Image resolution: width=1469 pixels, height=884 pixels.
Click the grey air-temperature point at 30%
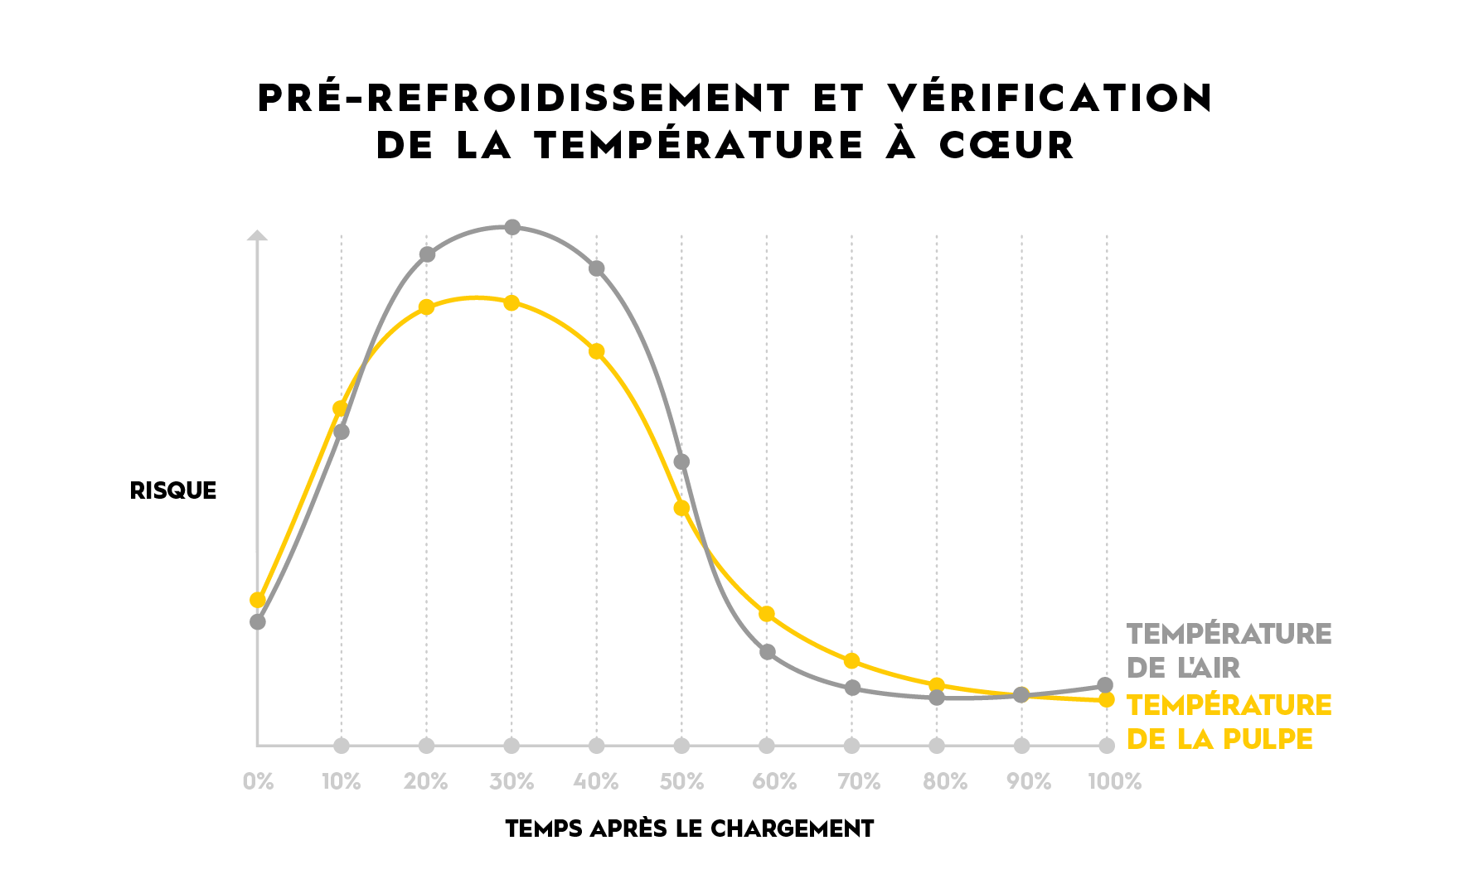click(x=512, y=227)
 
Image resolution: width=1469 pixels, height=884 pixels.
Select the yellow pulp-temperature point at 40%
click(x=597, y=351)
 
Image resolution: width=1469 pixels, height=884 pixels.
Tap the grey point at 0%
click(x=258, y=621)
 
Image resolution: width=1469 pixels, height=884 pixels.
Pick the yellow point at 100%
click(x=1106, y=700)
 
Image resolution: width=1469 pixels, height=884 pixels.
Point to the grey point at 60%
click(x=768, y=652)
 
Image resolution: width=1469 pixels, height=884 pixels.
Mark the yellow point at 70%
click(x=851, y=661)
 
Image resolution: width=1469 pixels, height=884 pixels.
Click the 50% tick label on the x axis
click(x=681, y=781)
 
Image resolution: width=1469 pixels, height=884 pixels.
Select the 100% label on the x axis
click(x=1114, y=781)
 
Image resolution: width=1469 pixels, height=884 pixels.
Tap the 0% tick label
click(x=258, y=781)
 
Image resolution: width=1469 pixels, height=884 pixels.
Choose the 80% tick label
click(x=945, y=781)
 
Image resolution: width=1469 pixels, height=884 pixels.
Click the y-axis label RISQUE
click(x=173, y=490)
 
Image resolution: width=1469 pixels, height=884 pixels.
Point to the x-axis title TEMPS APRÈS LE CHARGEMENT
click(x=690, y=828)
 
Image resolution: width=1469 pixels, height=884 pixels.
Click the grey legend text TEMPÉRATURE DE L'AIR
click(x=1228, y=650)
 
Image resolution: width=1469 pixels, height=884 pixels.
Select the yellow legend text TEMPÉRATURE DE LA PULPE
click(x=1228, y=722)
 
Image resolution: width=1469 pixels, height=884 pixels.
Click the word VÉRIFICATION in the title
click(x=1050, y=98)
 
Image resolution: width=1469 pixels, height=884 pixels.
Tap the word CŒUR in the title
click(x=1006, y=145)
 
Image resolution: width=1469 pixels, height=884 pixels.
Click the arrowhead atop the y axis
click(x=258, y=235)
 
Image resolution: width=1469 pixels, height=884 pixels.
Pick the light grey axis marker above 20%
click(x=426, y=746)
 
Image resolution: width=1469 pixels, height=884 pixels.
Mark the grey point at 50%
click(x=681, y=461)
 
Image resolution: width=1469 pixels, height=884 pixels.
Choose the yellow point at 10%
click(x=340, y=408)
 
